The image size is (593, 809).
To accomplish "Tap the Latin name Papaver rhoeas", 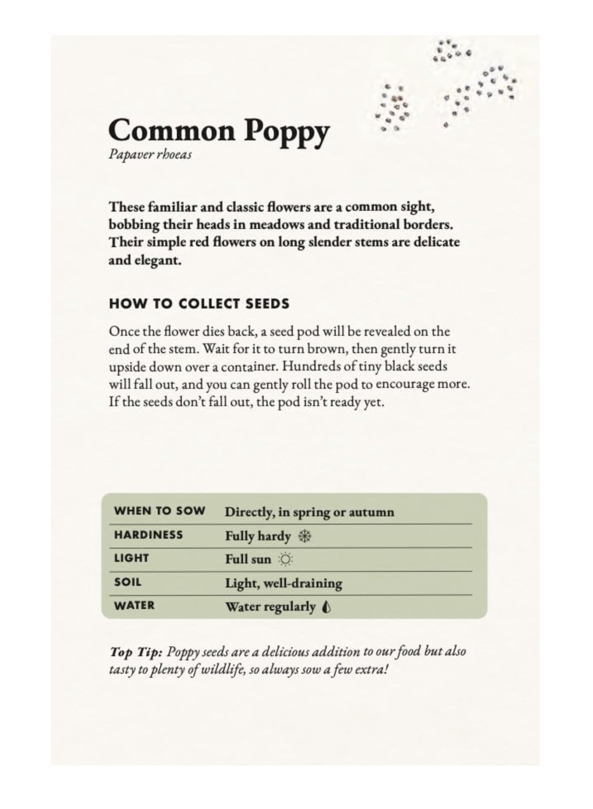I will coord(150,155).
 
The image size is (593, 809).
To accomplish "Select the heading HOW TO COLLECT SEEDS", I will coord(199,304).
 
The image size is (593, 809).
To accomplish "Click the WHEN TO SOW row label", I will coord(159,511).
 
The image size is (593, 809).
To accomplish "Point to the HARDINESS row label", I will coord(148,535).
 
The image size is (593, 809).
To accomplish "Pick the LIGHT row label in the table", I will coord(131,559).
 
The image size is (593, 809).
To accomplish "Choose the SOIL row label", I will coord(128,582).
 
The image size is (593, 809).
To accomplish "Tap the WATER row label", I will coord(134,606).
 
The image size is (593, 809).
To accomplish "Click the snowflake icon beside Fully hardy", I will coord(305,536).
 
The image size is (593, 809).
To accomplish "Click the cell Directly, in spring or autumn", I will coord(309,512).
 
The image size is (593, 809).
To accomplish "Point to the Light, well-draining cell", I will coord(284,583).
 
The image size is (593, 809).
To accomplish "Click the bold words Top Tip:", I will coord(135,652).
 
